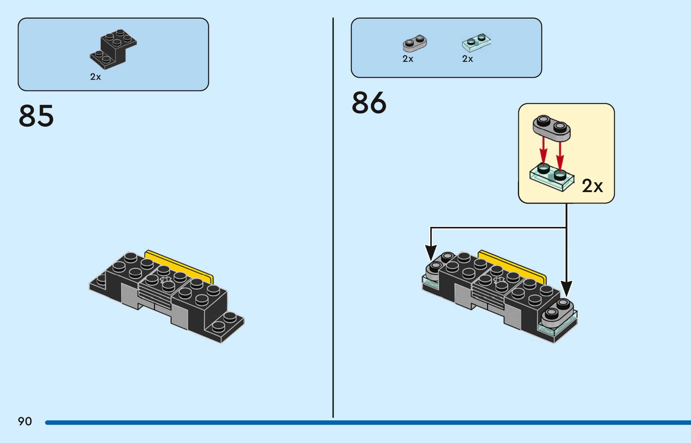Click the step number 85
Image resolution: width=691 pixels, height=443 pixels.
pos(36,116)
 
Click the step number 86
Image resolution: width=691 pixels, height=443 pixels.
pos(369,103)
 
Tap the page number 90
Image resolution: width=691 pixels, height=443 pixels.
pos(25,421)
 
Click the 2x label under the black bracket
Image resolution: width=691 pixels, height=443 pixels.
pos(95,77)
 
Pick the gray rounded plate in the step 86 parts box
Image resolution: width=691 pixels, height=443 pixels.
pos(415,44)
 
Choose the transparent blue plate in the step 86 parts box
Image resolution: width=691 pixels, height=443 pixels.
pos(476,43)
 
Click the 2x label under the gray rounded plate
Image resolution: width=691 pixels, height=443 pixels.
pos(408,59)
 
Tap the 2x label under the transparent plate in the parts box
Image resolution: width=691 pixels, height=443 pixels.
pos(467,59)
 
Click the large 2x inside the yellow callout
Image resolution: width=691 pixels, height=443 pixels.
pos(592,186)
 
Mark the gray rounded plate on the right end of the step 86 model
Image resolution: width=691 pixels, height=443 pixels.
pos(557,314)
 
